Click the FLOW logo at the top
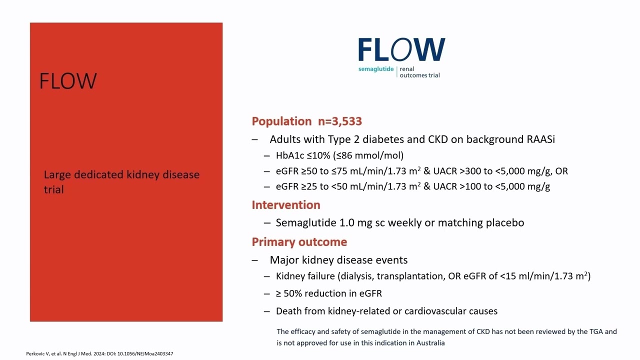[x=401, y=50]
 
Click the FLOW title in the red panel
[x=68, y=81]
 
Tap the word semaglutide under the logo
[x=376, y=69]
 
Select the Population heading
[x=281, y=121]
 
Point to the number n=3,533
[x=339, y=121]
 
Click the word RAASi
[x=540, y=139]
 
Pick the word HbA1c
[x=290, y=155]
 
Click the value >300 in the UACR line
[x=470, y=171]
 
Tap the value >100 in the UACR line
[x=470, y=186]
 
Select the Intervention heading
[x=286, y=205]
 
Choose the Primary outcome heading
[x=299, y=242]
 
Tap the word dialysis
[x=356, y=276]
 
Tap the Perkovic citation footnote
[x=99, y=354]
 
